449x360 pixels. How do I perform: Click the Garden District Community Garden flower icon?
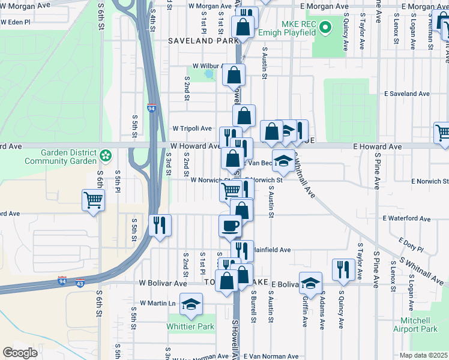point(106,155)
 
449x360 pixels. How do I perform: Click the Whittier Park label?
point(190,327)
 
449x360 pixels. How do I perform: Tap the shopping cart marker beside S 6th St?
point(93,200)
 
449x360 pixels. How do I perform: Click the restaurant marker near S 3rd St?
point(160,225)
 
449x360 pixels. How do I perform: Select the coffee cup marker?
point(230,226)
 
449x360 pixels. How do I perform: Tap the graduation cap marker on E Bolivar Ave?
point(310,283)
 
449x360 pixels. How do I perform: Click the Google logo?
point(20,352)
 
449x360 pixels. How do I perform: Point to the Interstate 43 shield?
point(80,282)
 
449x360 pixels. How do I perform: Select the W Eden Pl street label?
point(16,22)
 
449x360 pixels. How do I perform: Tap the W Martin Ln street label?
point(157,303)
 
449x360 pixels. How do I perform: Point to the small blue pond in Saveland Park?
point(209,75)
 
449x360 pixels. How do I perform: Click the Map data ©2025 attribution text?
point(423,355)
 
